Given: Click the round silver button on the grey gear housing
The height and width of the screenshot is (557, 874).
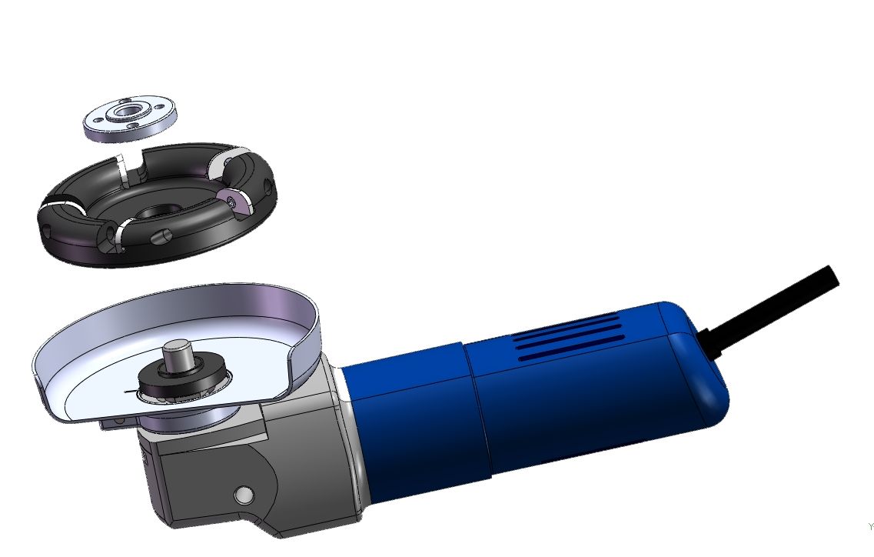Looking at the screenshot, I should (x=244, y=493).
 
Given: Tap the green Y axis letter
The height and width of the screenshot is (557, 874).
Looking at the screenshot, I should (x=870, y=527).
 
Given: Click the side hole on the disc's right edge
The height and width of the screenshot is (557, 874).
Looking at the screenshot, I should (x=266, y=185).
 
